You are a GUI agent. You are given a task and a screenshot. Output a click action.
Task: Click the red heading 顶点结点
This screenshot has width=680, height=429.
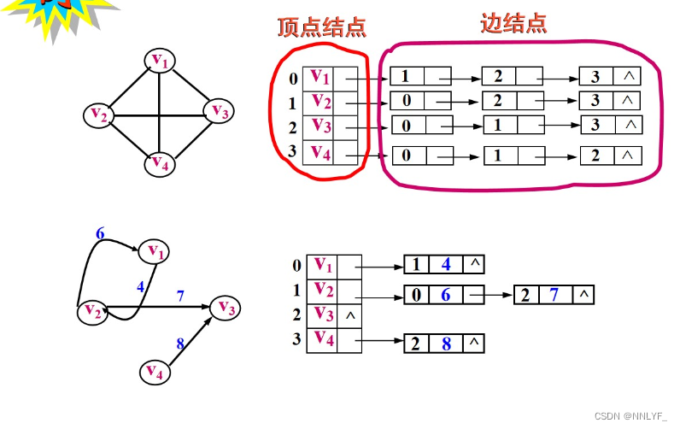[322, 26]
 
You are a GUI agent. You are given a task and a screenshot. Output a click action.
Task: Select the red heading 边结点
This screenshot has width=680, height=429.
[513, 23]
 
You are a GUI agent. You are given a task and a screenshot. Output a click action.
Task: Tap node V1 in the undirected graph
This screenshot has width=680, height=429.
[160, 61]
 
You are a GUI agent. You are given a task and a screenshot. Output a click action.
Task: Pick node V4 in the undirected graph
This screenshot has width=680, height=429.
[159, 162]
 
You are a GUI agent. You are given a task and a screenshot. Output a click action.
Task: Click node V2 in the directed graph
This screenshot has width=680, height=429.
[92, 313]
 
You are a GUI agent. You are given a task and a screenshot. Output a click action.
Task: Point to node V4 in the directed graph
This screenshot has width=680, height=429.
[155, 371]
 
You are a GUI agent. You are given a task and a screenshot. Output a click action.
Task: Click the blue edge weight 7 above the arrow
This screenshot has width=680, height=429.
[179, 296]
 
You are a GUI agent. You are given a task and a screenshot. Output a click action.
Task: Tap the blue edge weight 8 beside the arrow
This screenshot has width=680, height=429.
[180, 344]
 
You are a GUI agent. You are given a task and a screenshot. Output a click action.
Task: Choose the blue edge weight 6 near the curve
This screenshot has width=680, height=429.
[100, 233]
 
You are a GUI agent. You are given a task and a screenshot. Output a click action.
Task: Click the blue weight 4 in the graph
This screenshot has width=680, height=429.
[140, 287]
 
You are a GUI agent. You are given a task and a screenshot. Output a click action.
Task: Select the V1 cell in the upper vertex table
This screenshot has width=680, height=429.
[319, 78]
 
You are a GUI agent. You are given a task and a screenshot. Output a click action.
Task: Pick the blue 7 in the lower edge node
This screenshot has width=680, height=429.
[553, 296]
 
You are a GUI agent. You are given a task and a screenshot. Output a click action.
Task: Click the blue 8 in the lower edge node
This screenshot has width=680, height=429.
[445, 344]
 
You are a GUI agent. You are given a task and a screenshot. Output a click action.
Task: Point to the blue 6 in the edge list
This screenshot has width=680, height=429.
[444, 296]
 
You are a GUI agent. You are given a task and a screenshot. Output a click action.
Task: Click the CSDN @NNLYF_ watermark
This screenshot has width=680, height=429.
[629, 415]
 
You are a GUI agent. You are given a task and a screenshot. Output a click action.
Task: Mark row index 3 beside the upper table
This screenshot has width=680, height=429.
[294, 152]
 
